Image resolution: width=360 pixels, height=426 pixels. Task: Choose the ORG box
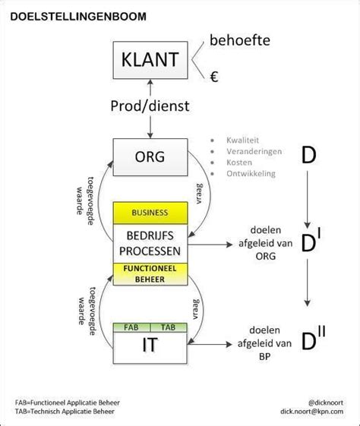coord(150,157)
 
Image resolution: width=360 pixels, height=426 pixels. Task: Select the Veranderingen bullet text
coord(254,152)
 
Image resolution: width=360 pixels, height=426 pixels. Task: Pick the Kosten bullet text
coord(240,163)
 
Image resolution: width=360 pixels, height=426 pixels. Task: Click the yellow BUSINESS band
coord(150,213)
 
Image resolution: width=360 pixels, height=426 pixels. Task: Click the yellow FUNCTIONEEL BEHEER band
coord(150,273)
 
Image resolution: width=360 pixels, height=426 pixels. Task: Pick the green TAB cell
coord(168,327)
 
